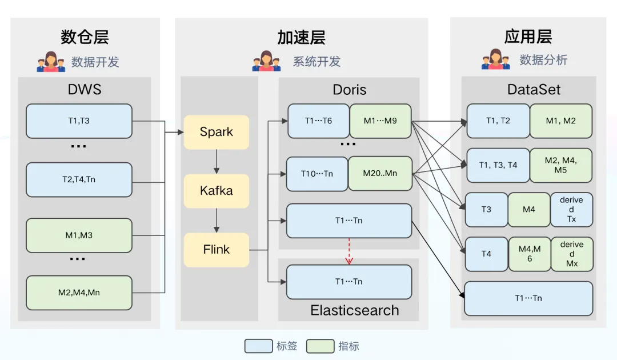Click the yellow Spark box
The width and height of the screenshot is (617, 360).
[216, 132]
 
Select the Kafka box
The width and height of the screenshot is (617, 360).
[216, 191]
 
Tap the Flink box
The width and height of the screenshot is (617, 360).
[216, 250]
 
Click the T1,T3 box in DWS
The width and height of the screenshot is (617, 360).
[79, 121]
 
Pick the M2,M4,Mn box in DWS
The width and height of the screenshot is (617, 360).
[79, 293]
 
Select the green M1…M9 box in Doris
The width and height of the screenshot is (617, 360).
[380, 121]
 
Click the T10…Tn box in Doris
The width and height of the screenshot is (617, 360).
[317, 174]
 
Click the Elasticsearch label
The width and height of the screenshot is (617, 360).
[355, 310]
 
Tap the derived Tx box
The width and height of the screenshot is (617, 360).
[571, 209]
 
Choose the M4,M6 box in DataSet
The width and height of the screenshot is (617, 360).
[530, 254]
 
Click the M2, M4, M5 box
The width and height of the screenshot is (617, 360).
[560, 165]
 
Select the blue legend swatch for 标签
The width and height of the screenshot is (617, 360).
[258, 346]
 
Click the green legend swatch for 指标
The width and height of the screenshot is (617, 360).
[320, 346]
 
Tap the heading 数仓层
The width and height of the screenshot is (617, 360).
[85, 37]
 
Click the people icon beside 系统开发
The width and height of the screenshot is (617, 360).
[266, 61]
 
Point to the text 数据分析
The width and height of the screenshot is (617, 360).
[543, 60]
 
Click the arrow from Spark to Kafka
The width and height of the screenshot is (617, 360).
[216, 162]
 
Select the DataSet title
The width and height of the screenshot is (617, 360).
[534, 90]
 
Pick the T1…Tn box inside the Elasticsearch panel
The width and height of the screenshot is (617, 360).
[349, 282]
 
